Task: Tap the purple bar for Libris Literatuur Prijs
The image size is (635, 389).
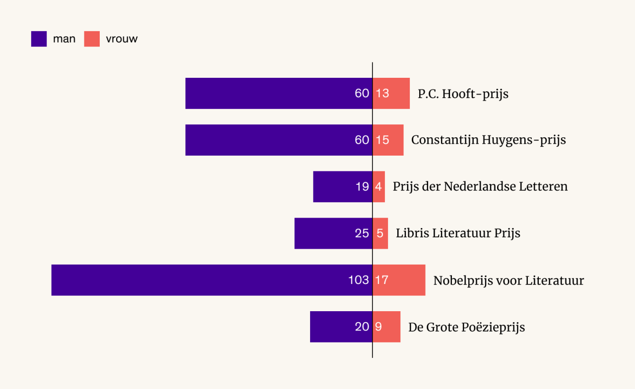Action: (x=322, y=233)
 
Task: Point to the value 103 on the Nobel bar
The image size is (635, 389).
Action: (x=359, y=280)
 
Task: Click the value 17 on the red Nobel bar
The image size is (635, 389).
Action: (x=381, y=280)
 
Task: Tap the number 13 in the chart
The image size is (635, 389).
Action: (x=382, y=93)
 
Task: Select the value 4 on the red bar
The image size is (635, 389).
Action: (x=378, y=187)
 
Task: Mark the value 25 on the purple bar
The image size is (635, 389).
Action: (x=362, y=233)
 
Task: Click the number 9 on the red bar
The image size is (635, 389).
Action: (x=378, y=327)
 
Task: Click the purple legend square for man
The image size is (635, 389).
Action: (x=39, y=39)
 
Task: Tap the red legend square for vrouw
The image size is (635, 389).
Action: (x=92, y=39)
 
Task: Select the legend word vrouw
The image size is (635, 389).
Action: (x=122, y=39)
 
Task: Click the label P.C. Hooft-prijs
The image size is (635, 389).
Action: (x=463, y=94)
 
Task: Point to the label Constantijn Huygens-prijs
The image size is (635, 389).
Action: (x=488, y=140)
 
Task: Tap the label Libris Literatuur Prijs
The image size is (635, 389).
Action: (x=458, y=233)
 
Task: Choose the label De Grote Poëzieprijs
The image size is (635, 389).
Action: (x=466, y=327)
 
